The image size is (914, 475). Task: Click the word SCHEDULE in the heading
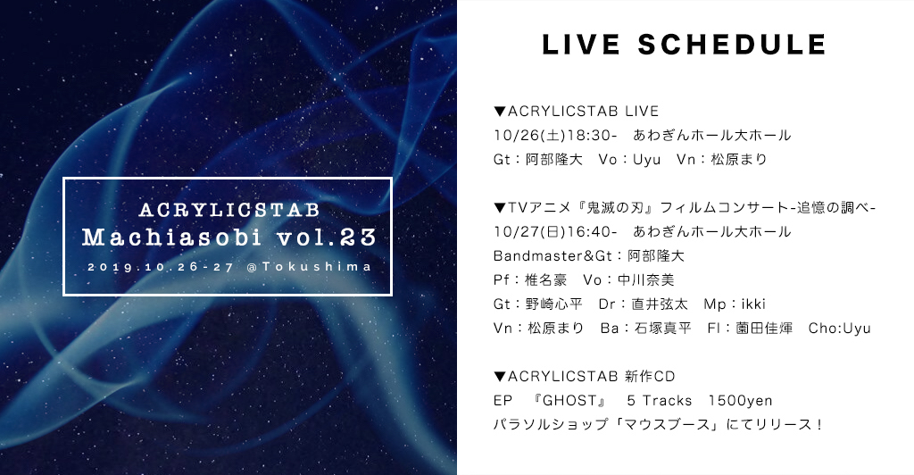point(732,45)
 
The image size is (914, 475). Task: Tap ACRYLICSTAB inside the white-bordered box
point(229,210)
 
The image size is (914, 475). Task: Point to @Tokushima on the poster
point(309,267)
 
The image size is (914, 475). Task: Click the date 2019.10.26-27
point(161,267)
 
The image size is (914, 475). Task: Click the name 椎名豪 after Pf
point(545,279)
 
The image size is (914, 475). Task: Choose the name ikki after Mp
point(753,304)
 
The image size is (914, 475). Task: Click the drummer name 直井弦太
point(660,304)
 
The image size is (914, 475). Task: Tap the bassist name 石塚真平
point(663,329)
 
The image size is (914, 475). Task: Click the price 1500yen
point(740,401)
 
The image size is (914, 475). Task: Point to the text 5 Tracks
point(660,400)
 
